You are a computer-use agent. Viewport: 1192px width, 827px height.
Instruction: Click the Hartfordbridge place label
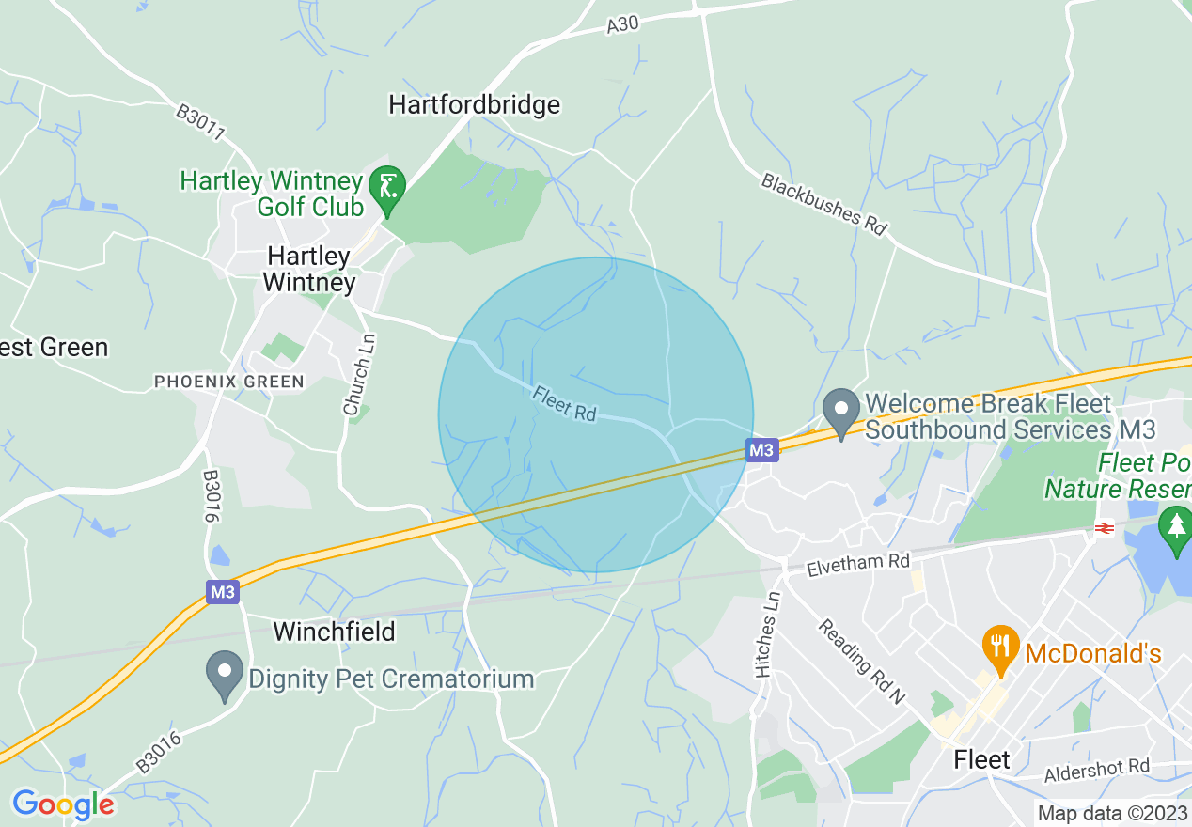tap(474, 104)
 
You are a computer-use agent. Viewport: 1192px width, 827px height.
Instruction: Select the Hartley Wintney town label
tap(309, 269)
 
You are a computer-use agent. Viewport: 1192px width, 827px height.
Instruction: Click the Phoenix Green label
tap(229, 382)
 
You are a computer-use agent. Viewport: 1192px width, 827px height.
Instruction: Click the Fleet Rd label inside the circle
tap(564, 403)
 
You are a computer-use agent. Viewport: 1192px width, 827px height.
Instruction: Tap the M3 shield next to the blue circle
tap(762, 451)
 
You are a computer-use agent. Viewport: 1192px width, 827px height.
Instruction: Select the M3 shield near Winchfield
tap(223, 592)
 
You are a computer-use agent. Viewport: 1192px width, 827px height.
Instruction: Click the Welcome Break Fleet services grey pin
tap(841, 412)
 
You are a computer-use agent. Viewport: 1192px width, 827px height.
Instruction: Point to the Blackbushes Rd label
tap(824, 203)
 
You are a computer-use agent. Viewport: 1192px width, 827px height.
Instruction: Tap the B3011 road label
tap(200, 123)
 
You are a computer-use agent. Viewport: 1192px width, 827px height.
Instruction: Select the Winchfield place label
tap(334, 631)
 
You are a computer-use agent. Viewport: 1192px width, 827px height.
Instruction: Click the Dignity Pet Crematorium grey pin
tap(225, 674)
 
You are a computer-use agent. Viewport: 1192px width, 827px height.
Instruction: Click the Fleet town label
tap(981, 759)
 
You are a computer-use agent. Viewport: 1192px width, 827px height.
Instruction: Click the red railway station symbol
tap(1104, 529)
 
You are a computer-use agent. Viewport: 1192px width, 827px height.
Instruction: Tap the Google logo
tap(63, 804)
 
